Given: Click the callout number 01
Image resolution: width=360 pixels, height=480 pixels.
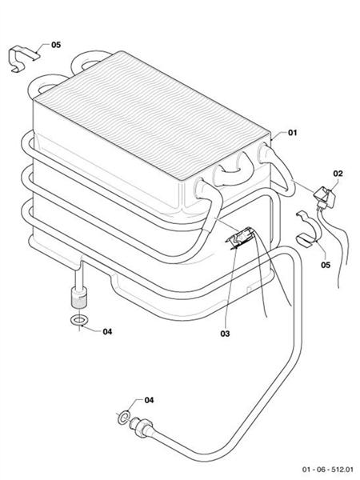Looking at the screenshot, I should click(292, 132).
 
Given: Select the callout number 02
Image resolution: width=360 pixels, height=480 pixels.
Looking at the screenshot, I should click(338, 173).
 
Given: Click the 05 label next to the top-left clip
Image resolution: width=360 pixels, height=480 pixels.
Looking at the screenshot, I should click(55, 45).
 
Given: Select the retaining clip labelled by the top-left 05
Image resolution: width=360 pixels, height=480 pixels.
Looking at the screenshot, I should click(24, 58).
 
